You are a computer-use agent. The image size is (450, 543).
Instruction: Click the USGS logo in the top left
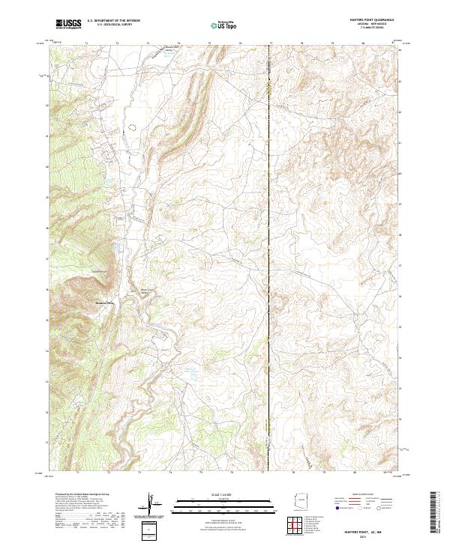point(69,24)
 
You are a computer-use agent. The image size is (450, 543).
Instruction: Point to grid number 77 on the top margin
point(271,43)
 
